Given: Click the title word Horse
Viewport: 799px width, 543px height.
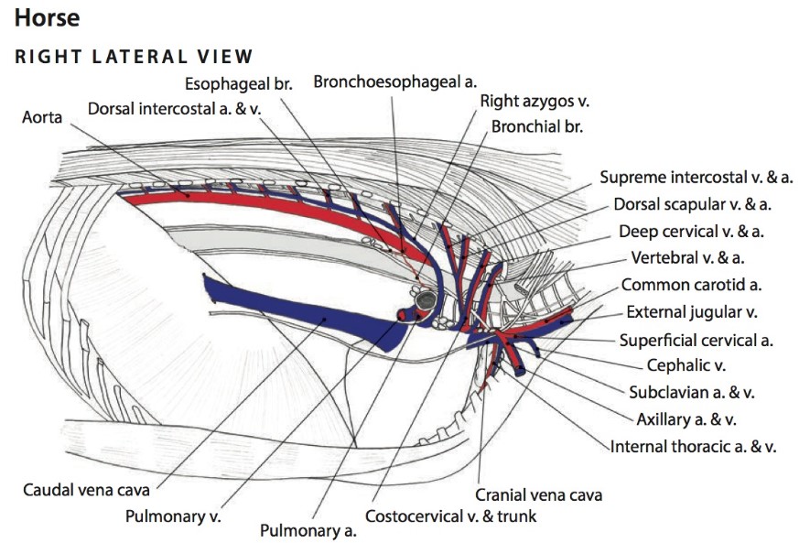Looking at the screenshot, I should [x=47, y=16].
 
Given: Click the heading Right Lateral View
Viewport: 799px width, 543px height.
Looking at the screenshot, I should [x=134, y=57].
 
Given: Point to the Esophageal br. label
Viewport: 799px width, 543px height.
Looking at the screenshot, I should [x=238, y=83].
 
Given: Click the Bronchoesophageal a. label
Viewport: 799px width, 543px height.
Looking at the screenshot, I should [x=395, y=81].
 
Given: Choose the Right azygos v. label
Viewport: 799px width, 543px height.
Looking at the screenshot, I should [x=534, y=102].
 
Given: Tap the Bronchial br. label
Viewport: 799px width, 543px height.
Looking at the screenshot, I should [x=537, y=126].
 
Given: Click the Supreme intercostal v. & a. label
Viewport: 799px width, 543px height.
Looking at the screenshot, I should [x=696, y=177].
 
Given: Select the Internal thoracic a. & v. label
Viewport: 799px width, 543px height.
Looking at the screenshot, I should [x=694, y=447].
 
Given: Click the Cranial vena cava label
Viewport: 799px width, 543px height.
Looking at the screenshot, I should [x=538, y=495].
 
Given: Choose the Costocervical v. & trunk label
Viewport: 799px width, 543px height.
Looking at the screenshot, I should [x=450, y=516].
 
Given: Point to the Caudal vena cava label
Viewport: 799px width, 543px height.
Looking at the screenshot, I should [x=86, y=490].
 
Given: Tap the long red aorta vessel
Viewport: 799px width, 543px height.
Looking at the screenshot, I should [x=275, y=205].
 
